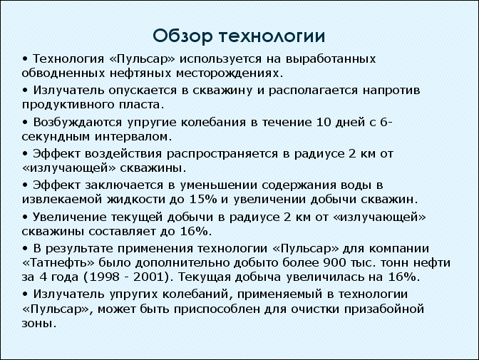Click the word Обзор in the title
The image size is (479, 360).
[182, 36]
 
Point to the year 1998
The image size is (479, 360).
[102, 277]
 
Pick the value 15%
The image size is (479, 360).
[203, 200]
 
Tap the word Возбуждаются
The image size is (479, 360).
[78, 123]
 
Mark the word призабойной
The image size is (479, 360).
[384, 309]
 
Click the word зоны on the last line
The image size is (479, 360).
[39, 324]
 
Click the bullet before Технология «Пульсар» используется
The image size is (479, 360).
[25, 58]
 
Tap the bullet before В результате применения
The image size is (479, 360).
[25, 248]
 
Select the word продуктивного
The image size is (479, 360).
[68, 105]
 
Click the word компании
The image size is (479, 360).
[399, 249]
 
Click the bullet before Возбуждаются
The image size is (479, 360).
[25, 122]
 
